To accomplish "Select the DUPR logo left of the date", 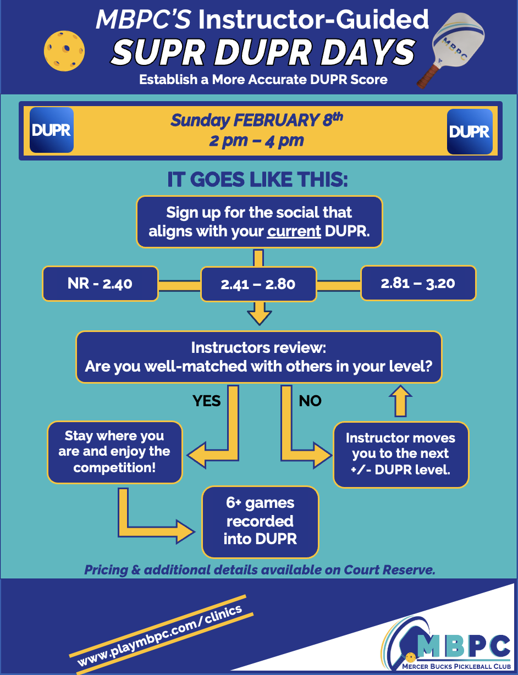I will click(x=51, y=130).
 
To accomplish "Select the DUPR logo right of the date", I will click(x=469, y=131).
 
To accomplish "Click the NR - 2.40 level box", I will click(x=100, y=284).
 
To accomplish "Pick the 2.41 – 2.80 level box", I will click(x=258, y=284).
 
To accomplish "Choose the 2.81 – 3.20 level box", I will click(x=418, y=283).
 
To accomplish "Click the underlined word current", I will click(x=294, y=231).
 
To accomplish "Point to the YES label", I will click(x=206, y=401).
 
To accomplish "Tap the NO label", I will click(x=310, y=401).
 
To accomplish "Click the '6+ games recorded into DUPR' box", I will click(x=260, y=521).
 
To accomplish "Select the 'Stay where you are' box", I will click(x=114, y=452).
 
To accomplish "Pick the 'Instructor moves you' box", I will click(x=400, y=454).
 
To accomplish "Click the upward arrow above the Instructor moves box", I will click(x=400, y=401).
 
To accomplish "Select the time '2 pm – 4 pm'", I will click(x=256, y=141).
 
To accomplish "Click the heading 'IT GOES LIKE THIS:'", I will click(x=258, y=181).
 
